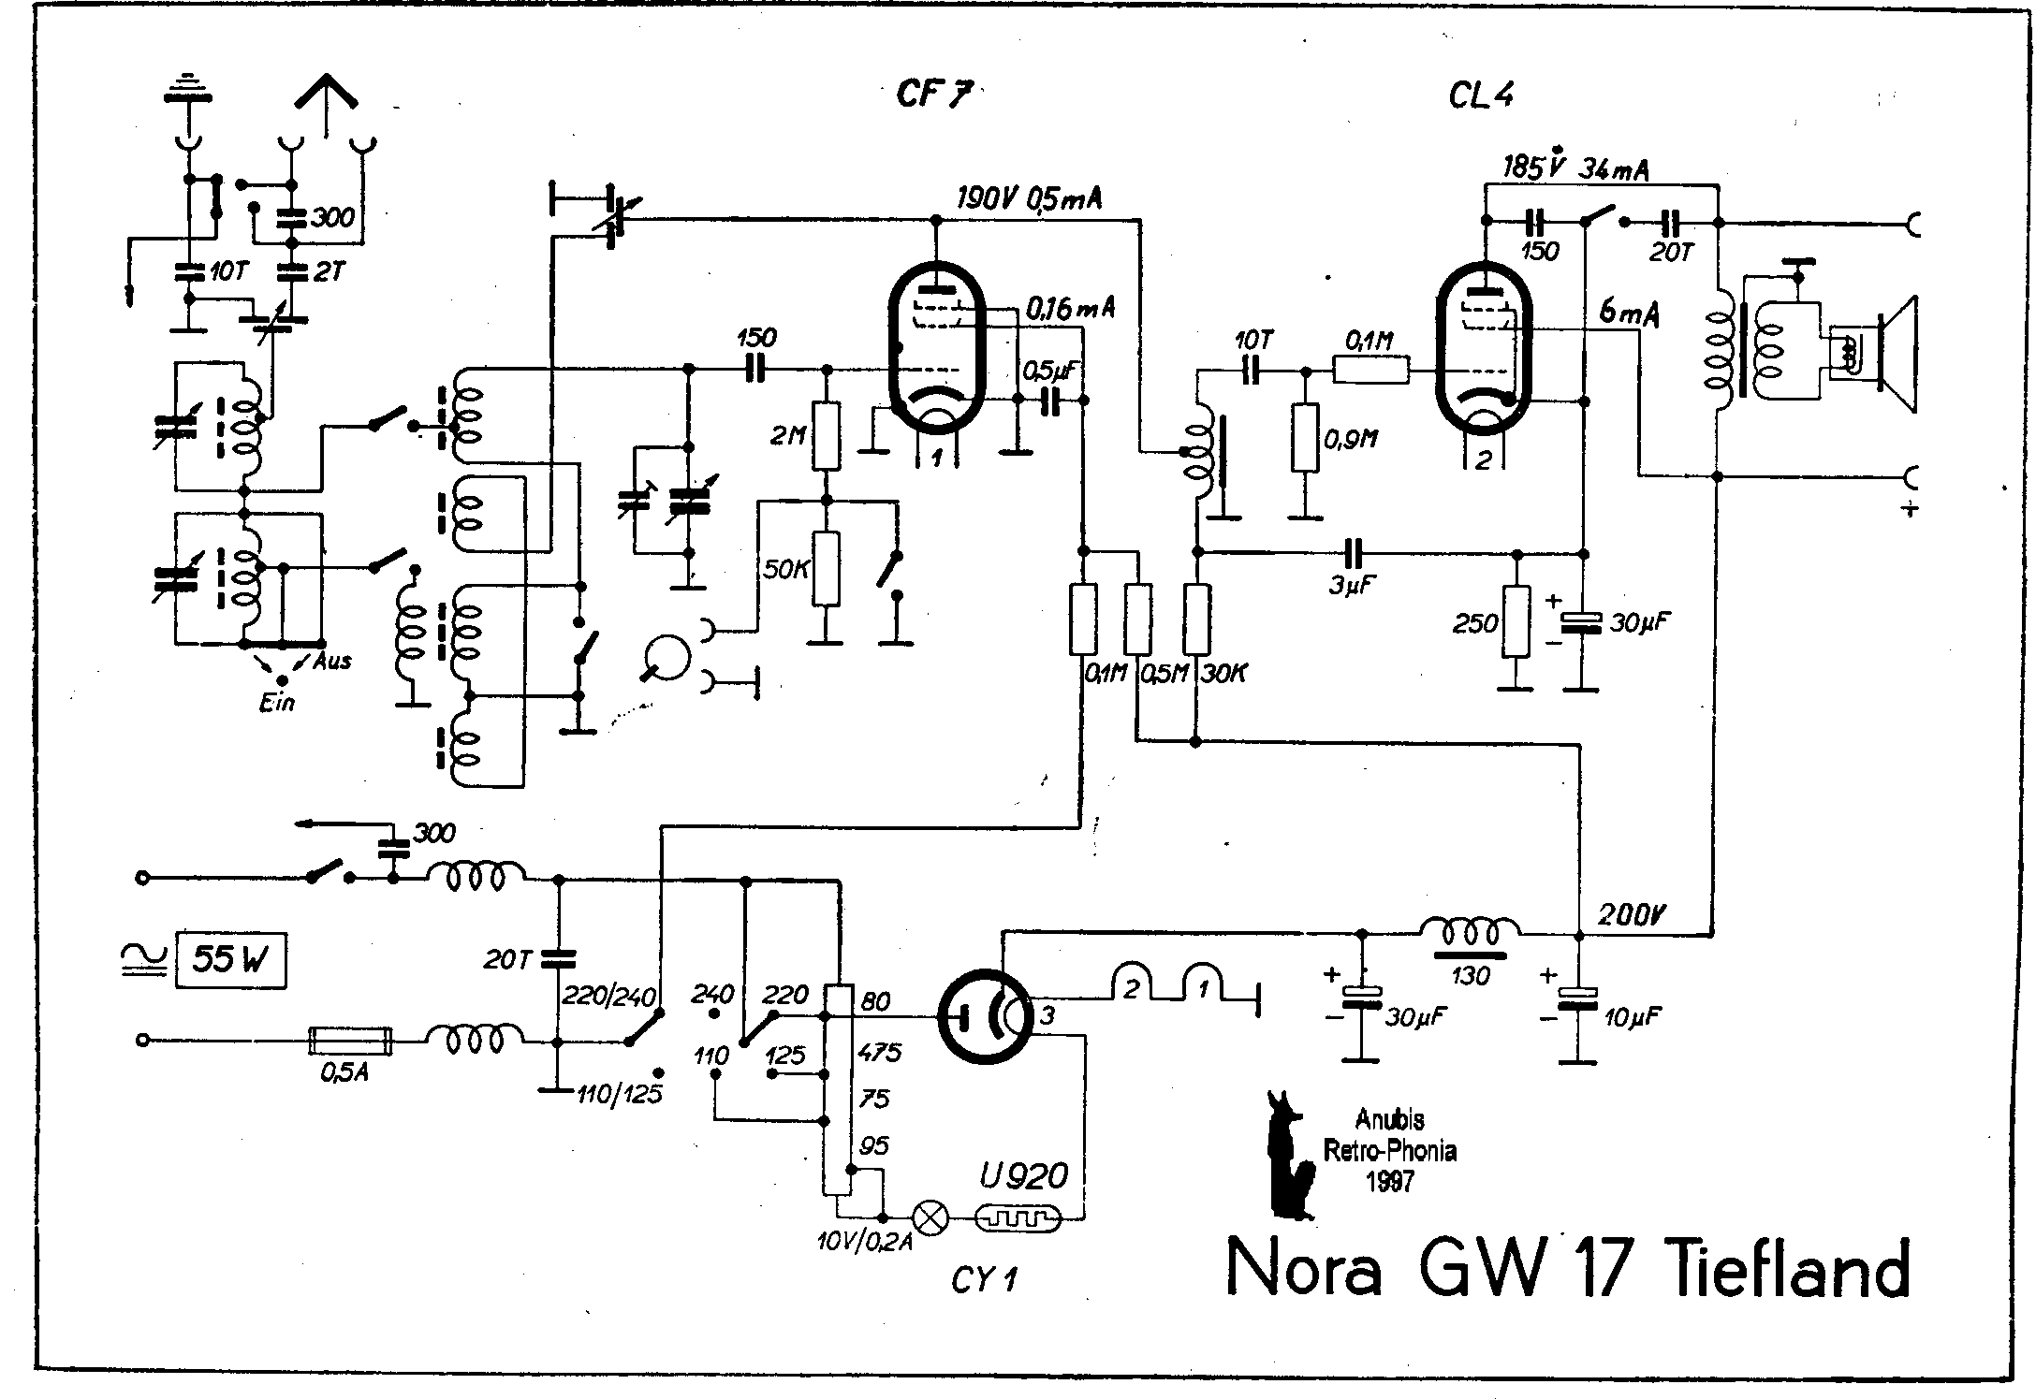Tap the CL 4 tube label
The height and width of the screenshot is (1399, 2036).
[x=1481, y=95]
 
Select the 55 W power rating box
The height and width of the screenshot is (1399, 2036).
[x=230, y=958]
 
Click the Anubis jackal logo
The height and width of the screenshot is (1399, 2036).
[x=1289, y=1156]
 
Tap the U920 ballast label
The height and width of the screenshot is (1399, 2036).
[x=1023, y=1174]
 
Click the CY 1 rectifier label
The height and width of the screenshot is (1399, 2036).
[x=984, y=1279]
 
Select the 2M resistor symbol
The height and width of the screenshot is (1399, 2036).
[x=825, y=436]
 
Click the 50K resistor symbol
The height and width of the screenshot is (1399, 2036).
[x=825, y=569]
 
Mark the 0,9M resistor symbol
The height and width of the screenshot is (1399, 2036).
[x=1304, y=438]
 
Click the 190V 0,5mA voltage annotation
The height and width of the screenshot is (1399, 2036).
[x=1029, y=198]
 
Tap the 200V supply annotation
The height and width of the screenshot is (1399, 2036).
[x=1630, y=914]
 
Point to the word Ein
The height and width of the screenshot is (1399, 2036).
[x=277, y=702]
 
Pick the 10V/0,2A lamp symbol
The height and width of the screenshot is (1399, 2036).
[x=930, y=1217]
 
